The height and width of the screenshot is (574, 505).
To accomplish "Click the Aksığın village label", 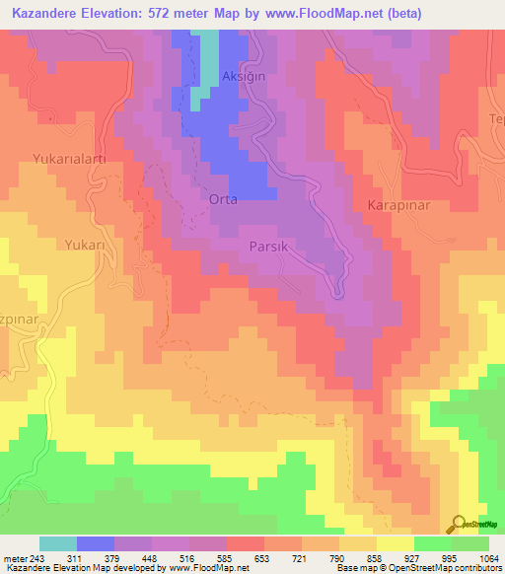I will tap(244, 76).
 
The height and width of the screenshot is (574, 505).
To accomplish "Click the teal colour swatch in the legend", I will tap(58, 542).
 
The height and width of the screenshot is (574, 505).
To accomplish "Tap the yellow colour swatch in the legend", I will tap(396, 542).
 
